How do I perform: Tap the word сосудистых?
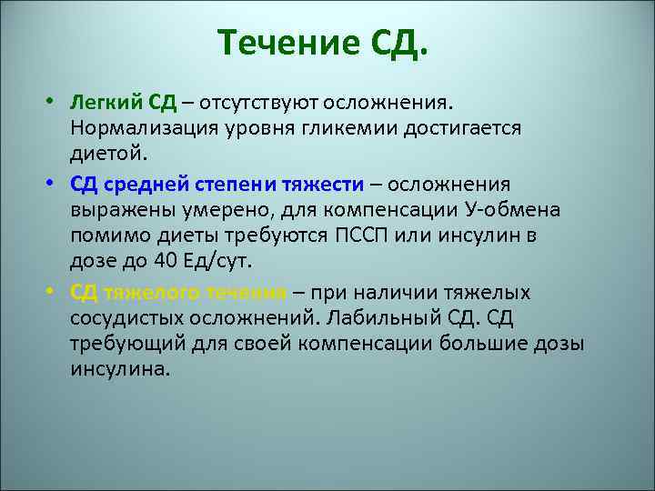[128, 320]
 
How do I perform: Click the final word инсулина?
[119, 371]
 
